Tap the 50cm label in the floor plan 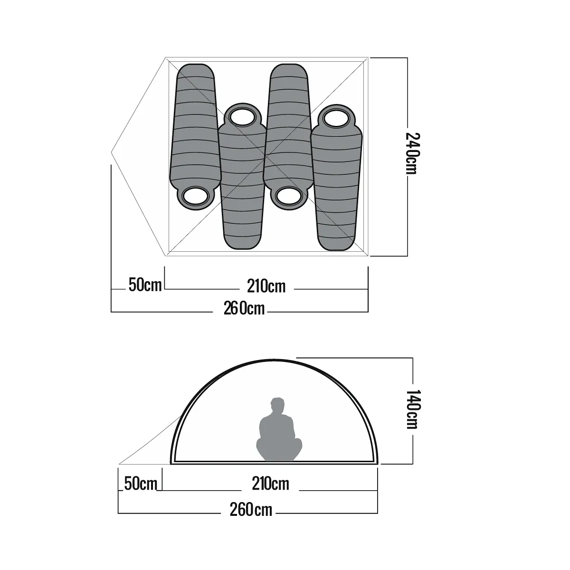145,285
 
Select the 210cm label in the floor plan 266,286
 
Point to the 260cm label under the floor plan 244,308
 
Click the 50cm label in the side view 140,484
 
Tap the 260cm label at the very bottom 251,510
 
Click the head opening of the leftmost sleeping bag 195,196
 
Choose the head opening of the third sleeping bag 288,196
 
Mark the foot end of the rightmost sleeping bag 337,242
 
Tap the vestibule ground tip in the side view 119,464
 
